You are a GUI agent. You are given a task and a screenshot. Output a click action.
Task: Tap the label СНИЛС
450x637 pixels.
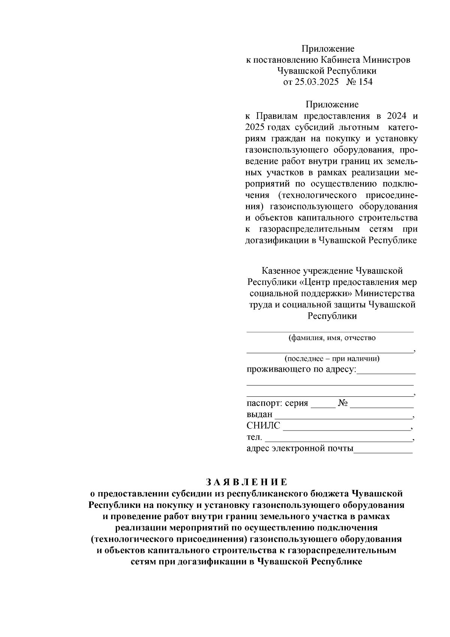coord(263,426)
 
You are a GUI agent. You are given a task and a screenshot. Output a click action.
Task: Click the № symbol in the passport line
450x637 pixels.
coord(343,404)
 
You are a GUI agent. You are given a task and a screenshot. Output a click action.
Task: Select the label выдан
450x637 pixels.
coord(259,415)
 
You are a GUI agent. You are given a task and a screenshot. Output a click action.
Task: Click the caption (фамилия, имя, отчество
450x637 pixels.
coord(331,338)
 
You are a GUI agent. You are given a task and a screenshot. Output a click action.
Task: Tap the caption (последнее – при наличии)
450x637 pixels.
coord(332,358)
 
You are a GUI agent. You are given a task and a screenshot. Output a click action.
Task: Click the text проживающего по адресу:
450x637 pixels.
coord(301,369)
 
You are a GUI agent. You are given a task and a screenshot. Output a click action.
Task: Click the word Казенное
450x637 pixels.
coord(279,271)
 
